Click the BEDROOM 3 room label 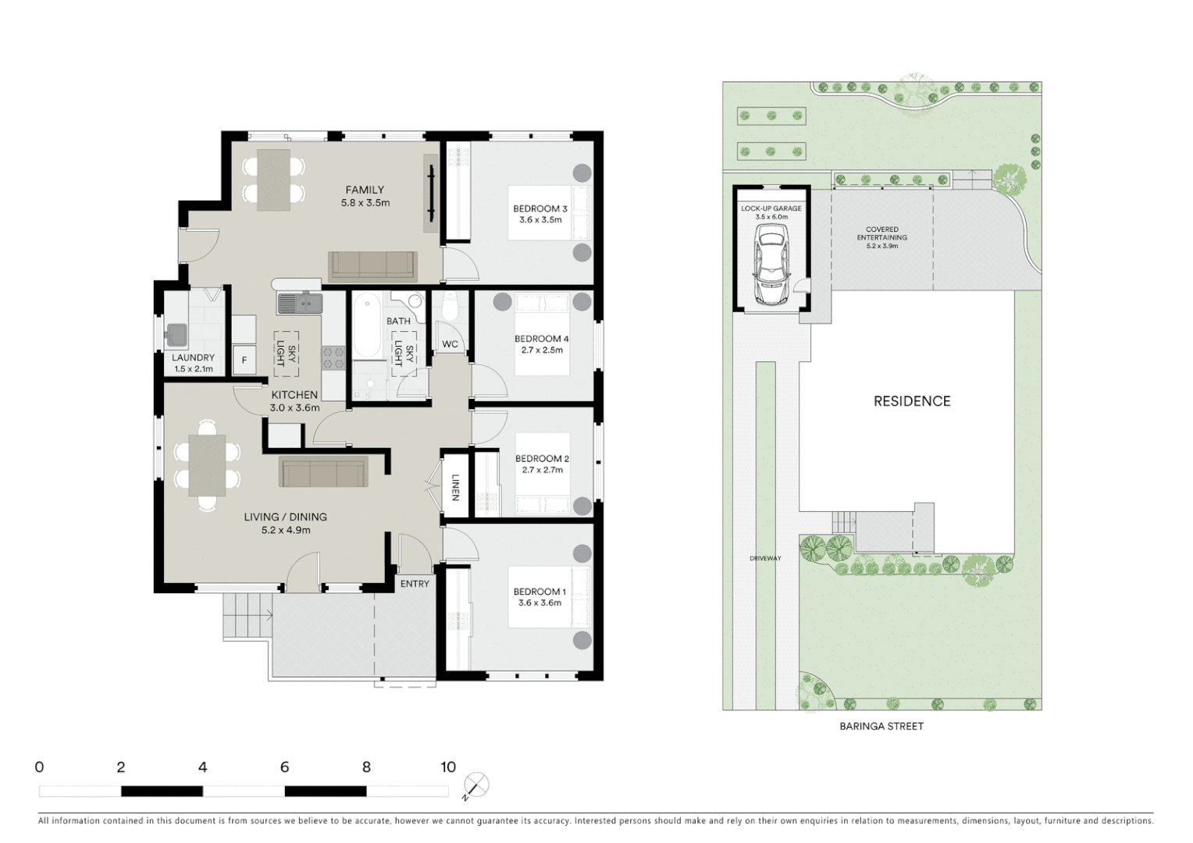pos(540,208)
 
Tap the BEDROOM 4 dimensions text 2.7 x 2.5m pos(542,350)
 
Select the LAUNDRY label pos(193,357)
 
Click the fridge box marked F pos(244,360)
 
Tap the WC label pos(450,344)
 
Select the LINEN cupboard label pos(455,488)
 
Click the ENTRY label pos(415,584)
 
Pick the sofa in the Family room pos(372,265)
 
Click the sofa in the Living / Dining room pos(323,473)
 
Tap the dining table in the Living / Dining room pos(207,465)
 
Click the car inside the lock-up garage pos(771,265)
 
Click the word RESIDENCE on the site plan pos(911,401)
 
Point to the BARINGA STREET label pos(881,726)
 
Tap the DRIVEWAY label pos(765,558)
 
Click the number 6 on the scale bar pos(284,767)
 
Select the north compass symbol pos(476,785)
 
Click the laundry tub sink pos(176,335)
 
